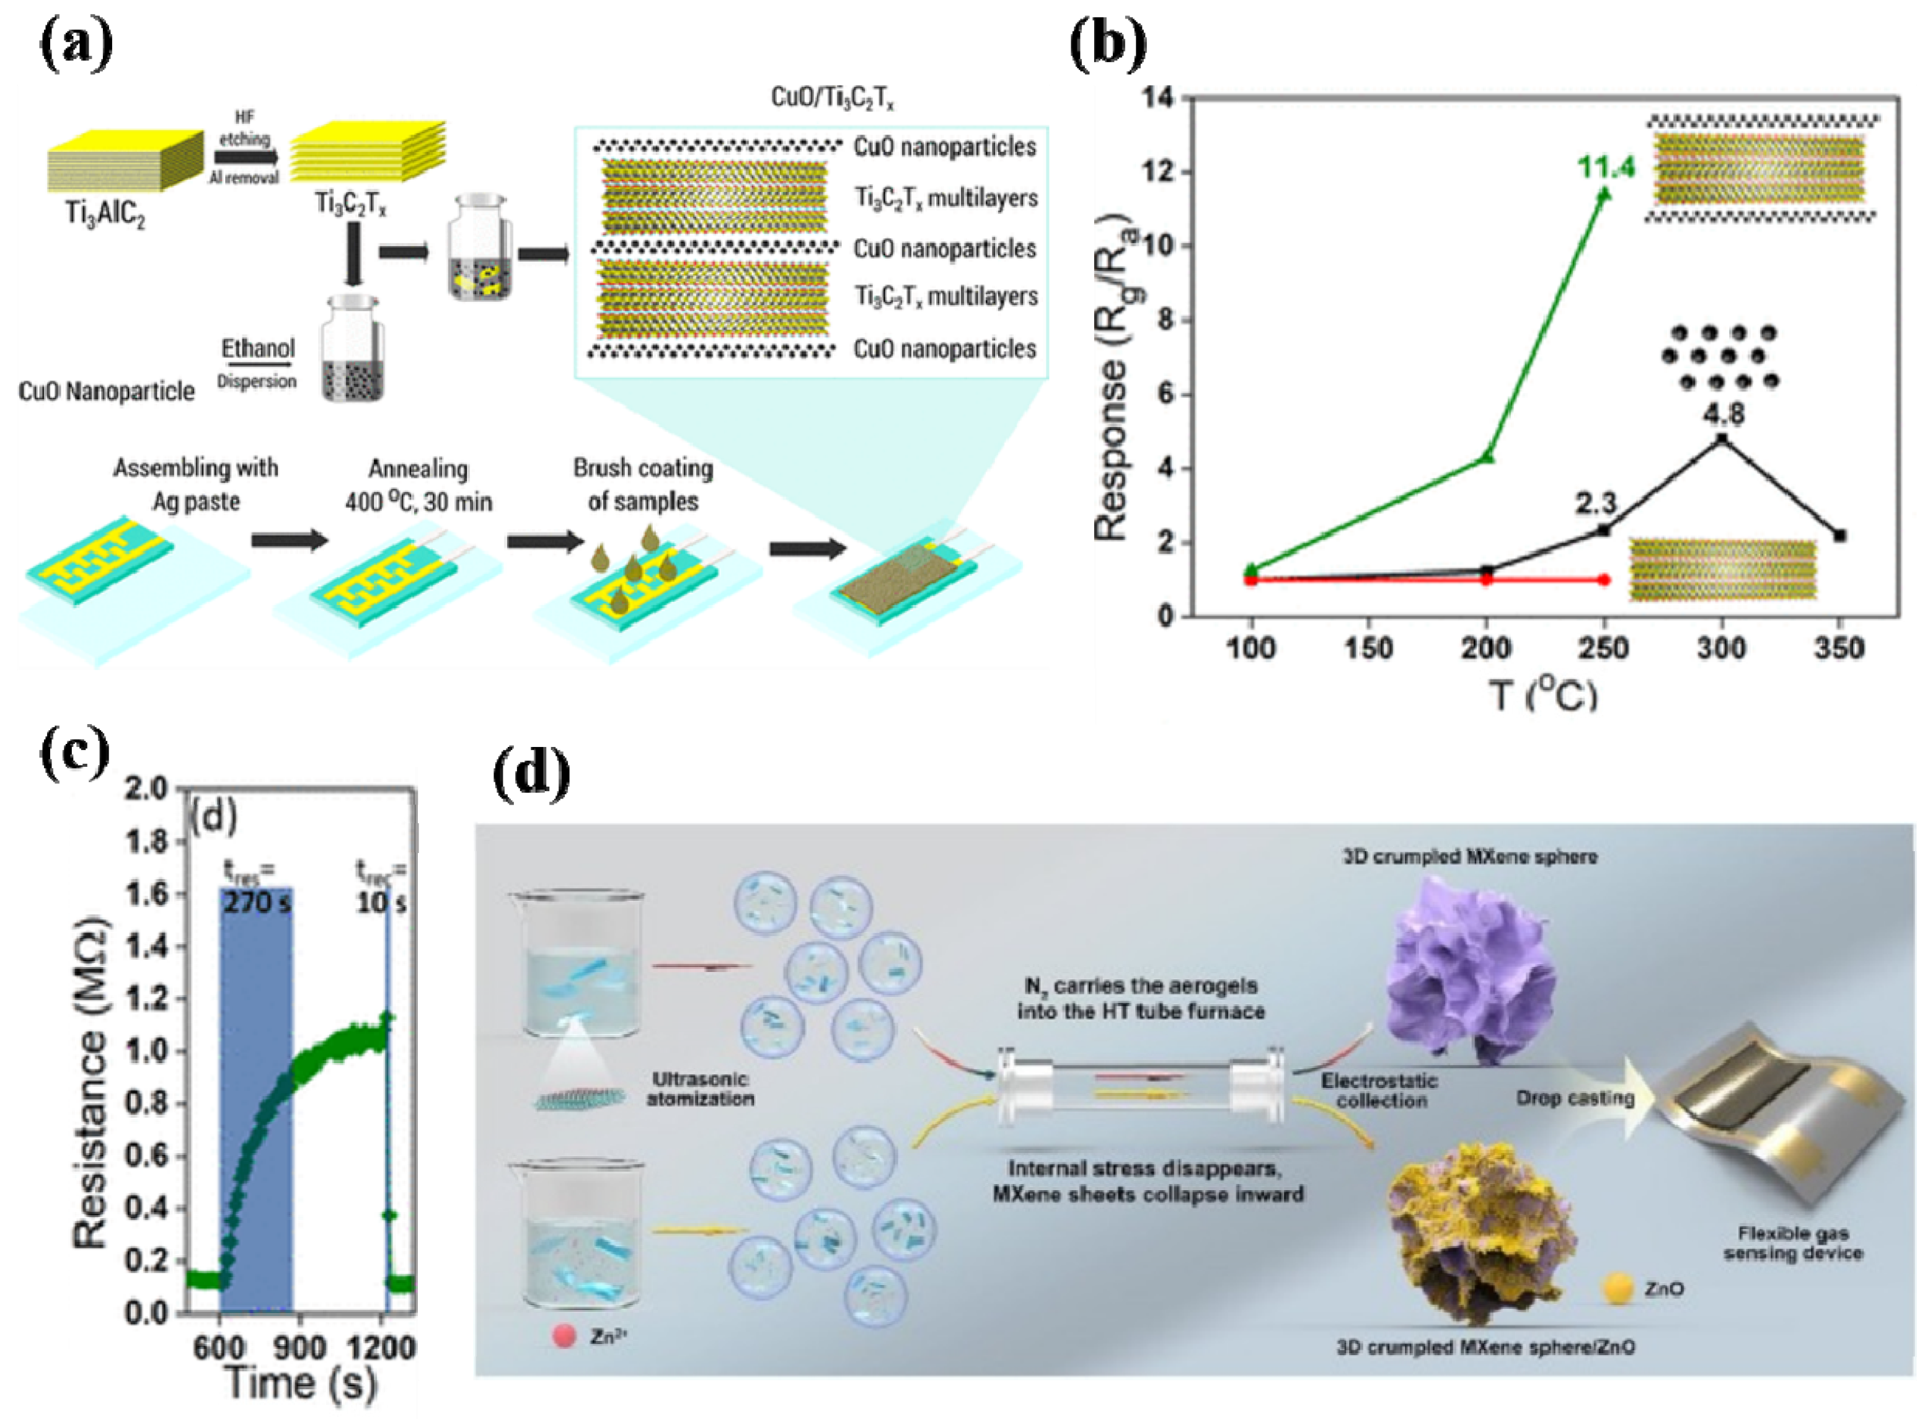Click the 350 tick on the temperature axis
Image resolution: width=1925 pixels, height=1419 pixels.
[x=1839, y=648]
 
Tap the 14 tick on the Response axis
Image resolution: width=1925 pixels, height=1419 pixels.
[x=1158, y=98]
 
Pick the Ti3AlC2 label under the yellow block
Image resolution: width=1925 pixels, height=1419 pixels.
[x=105, y=212]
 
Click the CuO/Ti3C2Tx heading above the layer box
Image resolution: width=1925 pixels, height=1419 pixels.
[x=831, y=98]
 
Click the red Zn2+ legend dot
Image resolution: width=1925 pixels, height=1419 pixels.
[x=564, y=1336]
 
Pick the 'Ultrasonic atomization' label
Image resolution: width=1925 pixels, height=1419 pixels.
[x=700, y=1089]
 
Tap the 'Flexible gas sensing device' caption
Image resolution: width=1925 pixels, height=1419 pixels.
[x=1793, y=1243]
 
